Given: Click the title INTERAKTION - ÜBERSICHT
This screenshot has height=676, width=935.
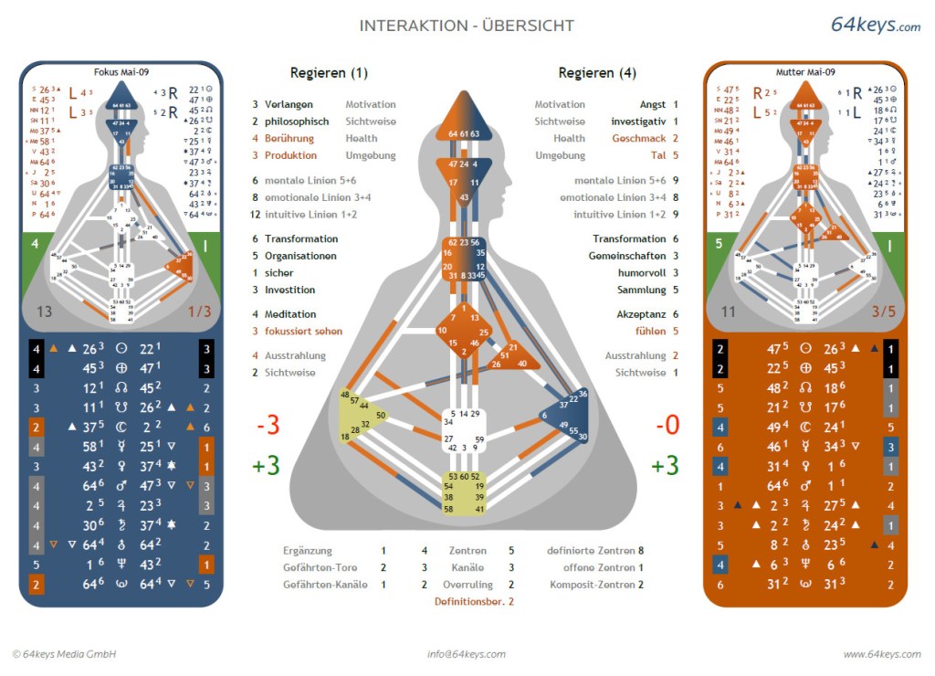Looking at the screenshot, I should click(467, 26).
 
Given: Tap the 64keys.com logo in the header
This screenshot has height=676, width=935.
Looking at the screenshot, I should click(875, 26).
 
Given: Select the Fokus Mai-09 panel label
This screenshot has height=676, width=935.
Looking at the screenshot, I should click(121, 71).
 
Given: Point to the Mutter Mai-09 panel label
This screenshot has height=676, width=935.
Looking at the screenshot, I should click(804, 71).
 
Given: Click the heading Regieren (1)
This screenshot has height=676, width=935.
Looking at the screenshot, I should click(329, 73).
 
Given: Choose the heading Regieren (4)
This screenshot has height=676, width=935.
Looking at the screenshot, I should click(597, 73).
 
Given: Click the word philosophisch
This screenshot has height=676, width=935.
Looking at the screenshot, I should click(297, 121).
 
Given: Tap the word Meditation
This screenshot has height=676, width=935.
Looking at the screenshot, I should click(289, 314).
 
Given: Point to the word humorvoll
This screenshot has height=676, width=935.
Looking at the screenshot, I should click(641, 273).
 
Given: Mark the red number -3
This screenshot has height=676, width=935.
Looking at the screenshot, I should click(266, 427).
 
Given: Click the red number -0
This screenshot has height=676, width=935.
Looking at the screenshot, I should click(667, 427).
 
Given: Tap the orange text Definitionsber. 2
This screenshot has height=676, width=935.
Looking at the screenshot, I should click(474, 602).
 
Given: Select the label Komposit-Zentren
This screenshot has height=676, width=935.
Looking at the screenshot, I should click(591, 585).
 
